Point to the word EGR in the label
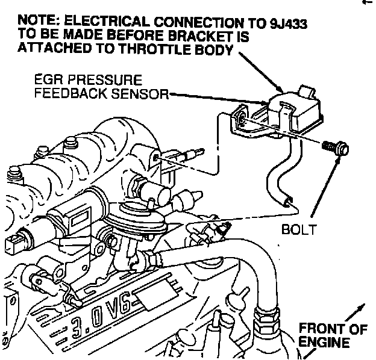coord(48,79)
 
